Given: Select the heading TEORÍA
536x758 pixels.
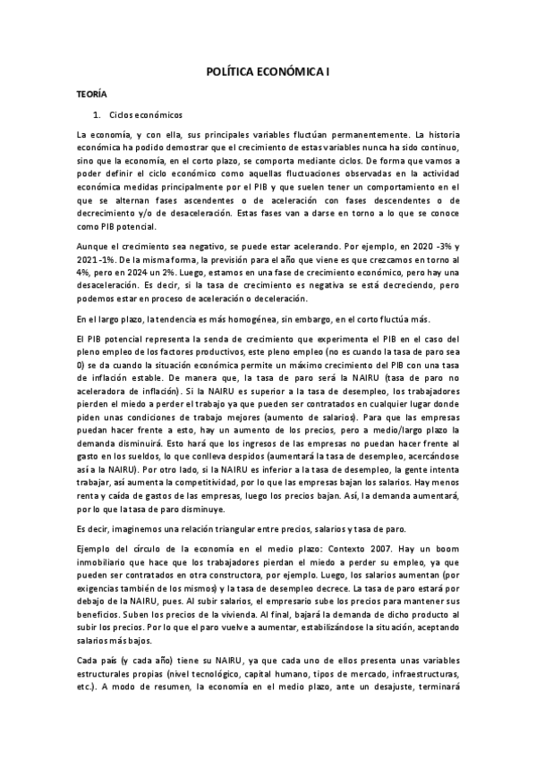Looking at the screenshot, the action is coord(90,93).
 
